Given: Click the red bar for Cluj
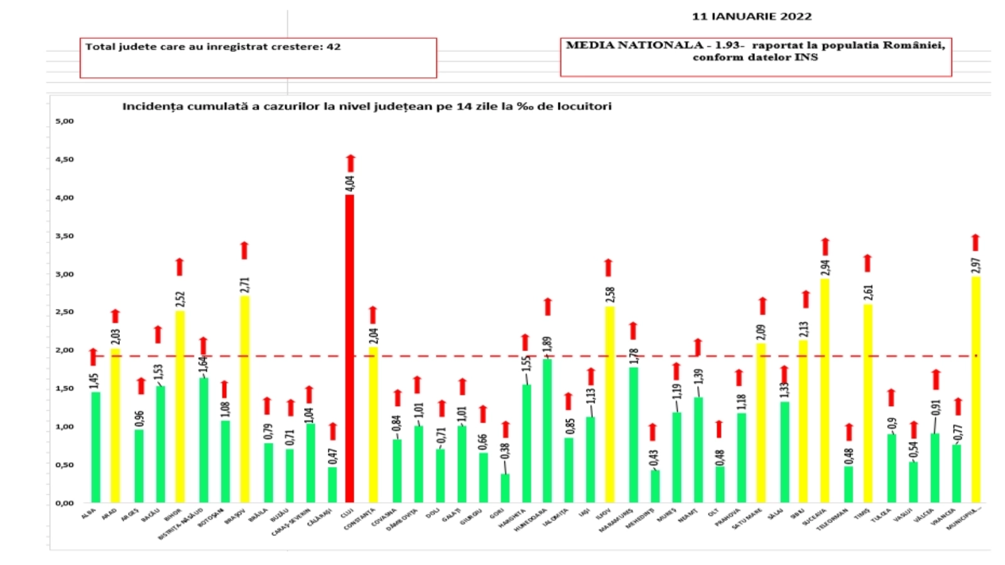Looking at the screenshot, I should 349,348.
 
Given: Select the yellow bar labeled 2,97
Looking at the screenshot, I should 975,389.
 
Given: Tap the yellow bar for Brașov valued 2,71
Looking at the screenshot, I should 244,399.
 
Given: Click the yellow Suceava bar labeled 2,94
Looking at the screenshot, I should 825,390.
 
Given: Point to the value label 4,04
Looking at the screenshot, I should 350,183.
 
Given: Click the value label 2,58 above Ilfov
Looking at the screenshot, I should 609,294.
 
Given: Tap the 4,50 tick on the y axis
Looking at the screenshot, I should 64,159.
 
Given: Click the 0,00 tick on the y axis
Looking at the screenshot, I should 64,503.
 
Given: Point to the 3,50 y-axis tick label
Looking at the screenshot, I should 64,236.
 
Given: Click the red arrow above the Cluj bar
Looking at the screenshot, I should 350,163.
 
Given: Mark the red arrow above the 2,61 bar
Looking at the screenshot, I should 867,263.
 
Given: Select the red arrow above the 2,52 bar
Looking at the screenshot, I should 180,267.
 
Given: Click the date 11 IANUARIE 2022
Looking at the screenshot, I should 751,16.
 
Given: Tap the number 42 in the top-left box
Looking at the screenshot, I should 334,47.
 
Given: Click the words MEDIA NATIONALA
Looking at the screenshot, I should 634,45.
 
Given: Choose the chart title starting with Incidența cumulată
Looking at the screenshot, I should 366,106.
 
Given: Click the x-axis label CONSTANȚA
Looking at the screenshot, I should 361,519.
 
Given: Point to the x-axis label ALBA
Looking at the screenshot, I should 89,514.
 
